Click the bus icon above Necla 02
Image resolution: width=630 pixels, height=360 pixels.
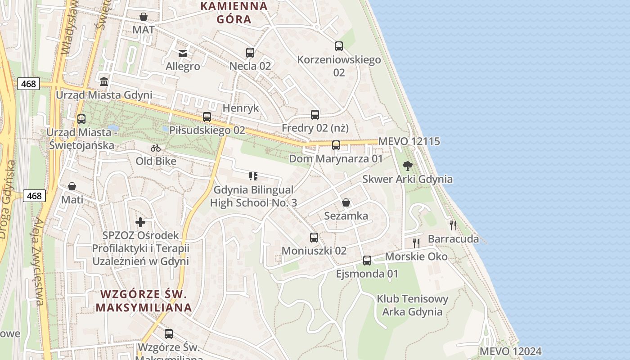click(x=250, y=53)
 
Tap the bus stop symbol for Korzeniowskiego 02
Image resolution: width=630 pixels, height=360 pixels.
click(x=339, y=46)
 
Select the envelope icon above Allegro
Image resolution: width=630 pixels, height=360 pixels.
click(x=183, y=54)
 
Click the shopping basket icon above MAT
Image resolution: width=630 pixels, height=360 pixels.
click(x=144, y=17)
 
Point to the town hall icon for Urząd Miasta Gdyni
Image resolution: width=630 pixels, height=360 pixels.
click(x=104, y=82)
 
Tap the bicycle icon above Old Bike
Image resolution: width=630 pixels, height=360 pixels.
click(x=156, y=148)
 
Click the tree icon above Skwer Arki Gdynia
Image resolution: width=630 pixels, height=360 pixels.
click(x=408, y=166)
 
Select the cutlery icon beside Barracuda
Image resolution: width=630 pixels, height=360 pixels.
click(x=453, y=225)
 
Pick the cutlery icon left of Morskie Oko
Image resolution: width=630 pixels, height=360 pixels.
click(x=416, y=243)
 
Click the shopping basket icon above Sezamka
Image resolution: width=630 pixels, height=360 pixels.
click(x=346, y=202)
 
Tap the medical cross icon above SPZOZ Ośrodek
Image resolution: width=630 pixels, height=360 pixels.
click(x=140, y=222)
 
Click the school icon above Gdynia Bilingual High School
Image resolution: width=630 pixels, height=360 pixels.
click(x=253, y=176)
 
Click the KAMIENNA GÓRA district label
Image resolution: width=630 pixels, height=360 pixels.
click(x=234, y=13)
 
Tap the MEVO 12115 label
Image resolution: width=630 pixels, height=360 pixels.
click(x=409, y=141)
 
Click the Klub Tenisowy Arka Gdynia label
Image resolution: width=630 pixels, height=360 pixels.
click(x=412, y=305)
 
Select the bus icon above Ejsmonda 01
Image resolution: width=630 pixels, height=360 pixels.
click(x=367, y=260)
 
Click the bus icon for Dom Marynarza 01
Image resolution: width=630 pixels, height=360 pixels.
click(x=336, y=145)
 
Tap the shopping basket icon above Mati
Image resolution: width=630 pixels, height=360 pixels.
click(x=72, y=186)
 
